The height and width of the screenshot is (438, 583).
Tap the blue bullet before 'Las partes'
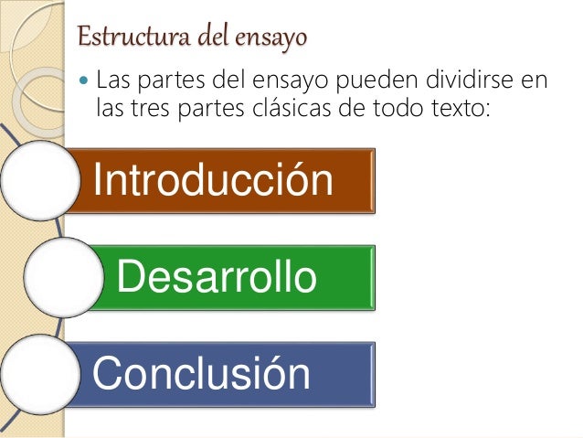(x=85, y=80)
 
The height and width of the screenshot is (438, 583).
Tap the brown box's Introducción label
(x=213, y=180)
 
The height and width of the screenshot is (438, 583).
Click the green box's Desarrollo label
(x=217, y=277)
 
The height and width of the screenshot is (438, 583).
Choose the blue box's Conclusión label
(x=201, y=373)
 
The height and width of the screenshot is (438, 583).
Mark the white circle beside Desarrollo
(x=60, y=278)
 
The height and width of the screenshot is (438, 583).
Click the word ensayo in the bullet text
(x=282, y=80)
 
